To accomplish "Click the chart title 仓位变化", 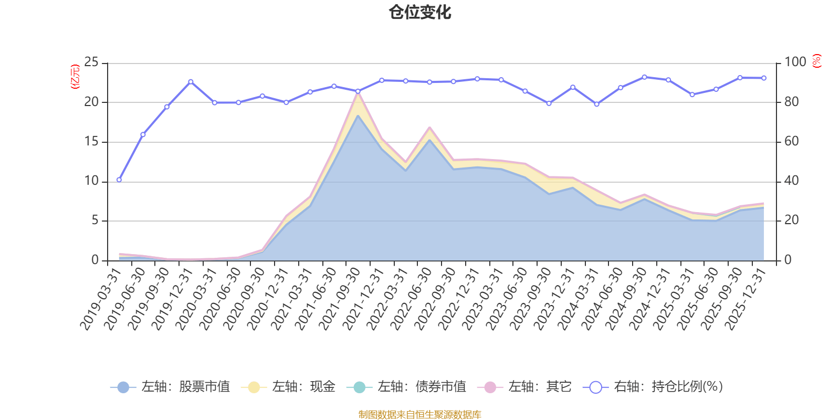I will click(x=420, y=12).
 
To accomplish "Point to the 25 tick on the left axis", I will click(x=91, y=62).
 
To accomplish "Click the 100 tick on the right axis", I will click(x=795, y=62).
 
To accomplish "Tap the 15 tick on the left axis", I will click(x=91, y=142).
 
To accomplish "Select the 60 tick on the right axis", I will click(x=792, y=142).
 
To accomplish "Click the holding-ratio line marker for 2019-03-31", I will click(x=119, y=180).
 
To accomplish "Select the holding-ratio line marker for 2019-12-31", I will click(x=191, y=81).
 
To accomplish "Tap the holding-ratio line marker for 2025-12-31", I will click(x=764, y=78).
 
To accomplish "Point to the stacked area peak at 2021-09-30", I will click(x=358, y=93).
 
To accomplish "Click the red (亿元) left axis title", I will click(x=75, y=77).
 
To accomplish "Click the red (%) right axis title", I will click(x=816, y=61).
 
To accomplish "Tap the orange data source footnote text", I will click(x=419, y=415).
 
